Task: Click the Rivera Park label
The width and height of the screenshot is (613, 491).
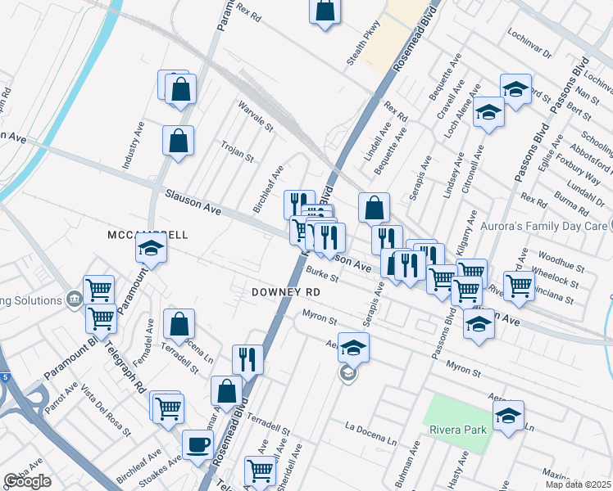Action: [457, 430]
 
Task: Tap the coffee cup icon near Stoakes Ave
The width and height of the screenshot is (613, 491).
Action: [198, 444]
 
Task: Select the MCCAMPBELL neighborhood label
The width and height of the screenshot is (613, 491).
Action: [148, 235]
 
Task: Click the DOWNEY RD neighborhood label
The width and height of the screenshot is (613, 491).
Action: [285, 292]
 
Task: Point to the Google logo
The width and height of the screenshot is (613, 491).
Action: [27, 481]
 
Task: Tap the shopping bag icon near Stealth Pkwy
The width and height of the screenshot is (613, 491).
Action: [325, 11]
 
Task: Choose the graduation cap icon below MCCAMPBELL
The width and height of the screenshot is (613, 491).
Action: [152, 248]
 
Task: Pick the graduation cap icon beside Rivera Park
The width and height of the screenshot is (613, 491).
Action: [508, 416]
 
